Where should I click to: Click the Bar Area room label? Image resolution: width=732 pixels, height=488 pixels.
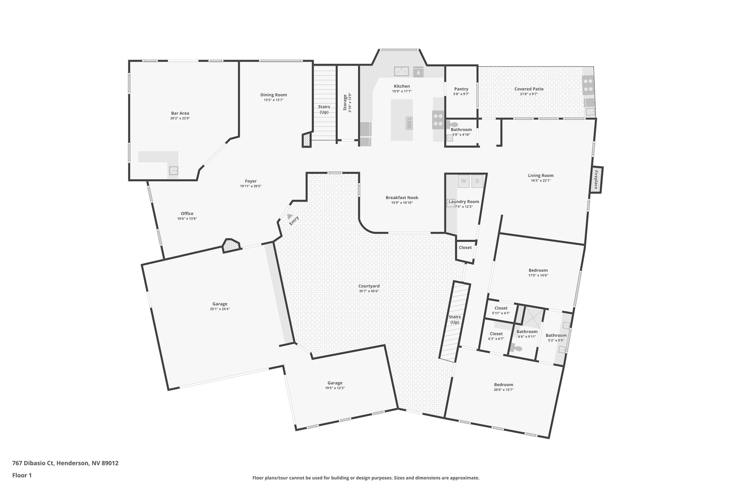coord(180,113)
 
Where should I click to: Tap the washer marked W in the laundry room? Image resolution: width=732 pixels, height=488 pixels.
coord(463,181)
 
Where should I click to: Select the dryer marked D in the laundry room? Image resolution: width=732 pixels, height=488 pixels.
coord(477,181)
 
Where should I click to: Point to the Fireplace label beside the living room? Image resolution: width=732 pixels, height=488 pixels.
coord(596,180)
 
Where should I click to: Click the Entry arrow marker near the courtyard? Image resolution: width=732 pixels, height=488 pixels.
coord(290,217)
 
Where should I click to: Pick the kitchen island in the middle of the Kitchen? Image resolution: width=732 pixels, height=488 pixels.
coord(401,120)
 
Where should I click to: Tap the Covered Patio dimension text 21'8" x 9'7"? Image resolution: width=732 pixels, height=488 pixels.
coord(529,94)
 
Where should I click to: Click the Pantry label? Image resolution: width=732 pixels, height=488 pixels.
coord(461,89)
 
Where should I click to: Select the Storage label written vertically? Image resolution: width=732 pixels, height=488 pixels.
coord(345,102)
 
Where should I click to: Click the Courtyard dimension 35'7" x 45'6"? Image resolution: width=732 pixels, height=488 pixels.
coord(369,291)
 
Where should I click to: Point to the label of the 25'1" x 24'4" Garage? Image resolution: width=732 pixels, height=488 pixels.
coord(219,304)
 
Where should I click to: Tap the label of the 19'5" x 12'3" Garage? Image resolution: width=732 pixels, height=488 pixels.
coord(335,383)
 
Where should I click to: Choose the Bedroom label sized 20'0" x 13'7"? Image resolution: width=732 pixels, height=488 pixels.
coord(503,385)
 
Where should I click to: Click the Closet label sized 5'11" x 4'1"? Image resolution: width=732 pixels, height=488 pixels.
coord(501,308)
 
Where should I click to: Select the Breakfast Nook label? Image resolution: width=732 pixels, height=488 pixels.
coord(402,198)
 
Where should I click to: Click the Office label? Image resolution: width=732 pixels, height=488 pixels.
coord(187,213)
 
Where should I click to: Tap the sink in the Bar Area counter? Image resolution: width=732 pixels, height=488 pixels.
coord(173,171)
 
